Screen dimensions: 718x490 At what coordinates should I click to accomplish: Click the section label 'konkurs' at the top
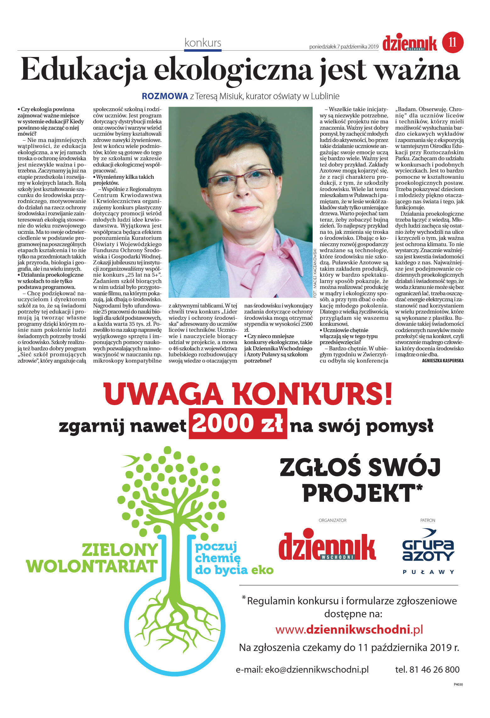[x=203, y=43]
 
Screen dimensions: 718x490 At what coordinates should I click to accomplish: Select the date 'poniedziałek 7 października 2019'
[x=344, y=47]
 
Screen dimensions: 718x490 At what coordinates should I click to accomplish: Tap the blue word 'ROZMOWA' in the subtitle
[x=165, y=96]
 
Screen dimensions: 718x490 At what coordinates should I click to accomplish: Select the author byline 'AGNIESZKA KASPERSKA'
[x=443, y=361]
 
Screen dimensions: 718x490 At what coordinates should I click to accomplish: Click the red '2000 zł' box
[x=238, y=424]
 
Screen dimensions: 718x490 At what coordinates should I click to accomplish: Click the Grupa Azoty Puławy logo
[x=428, y=551]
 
